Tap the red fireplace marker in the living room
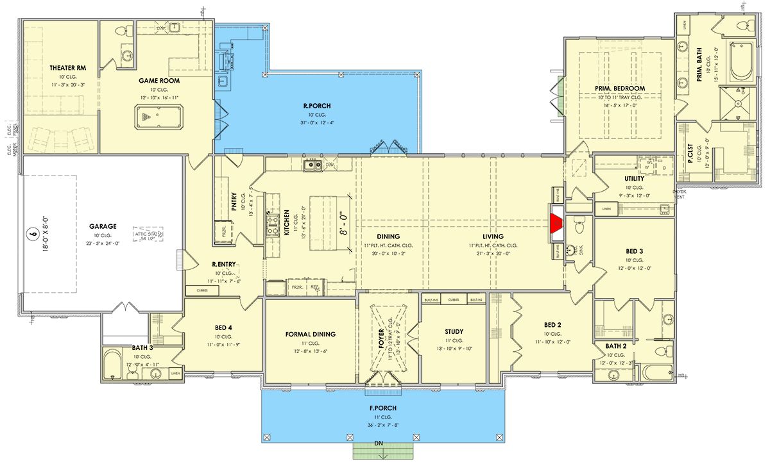tap(556, 226)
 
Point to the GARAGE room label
tap(103, 226)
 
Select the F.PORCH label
tap(383, 408)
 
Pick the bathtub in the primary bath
tap(740, 61)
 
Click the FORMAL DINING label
tap(311, 334)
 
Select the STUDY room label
tap(454, 331)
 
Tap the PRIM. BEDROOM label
tap(619, 88)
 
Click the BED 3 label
tap(633, 251)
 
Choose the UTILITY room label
tap(633, 178)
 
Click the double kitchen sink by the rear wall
tap(313, 165)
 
